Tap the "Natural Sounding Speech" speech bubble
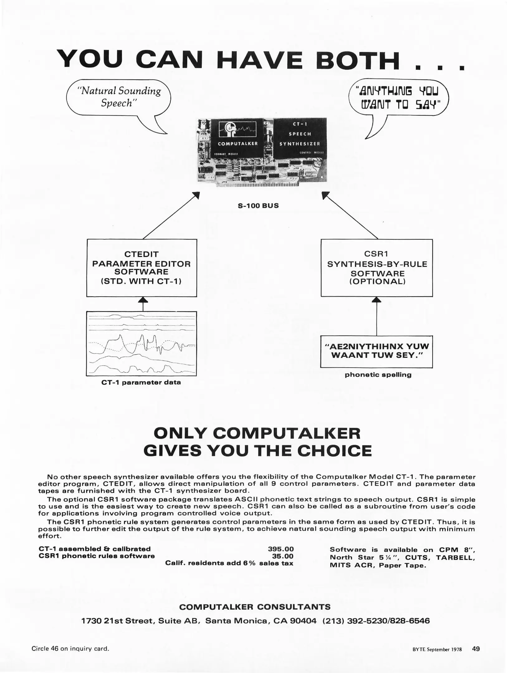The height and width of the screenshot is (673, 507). click(x=119, y=97)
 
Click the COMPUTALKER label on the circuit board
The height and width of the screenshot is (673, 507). click(x=238, y=144)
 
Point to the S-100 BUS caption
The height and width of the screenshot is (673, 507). click(x=258, y=206)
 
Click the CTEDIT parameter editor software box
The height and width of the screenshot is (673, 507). click(x=141, y=268)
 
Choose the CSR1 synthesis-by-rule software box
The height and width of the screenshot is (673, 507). click(x=377, y=268)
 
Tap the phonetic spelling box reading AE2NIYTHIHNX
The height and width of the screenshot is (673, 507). click(x=376, y=351)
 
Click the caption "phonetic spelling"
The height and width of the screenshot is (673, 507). click(x=378, y=375)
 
